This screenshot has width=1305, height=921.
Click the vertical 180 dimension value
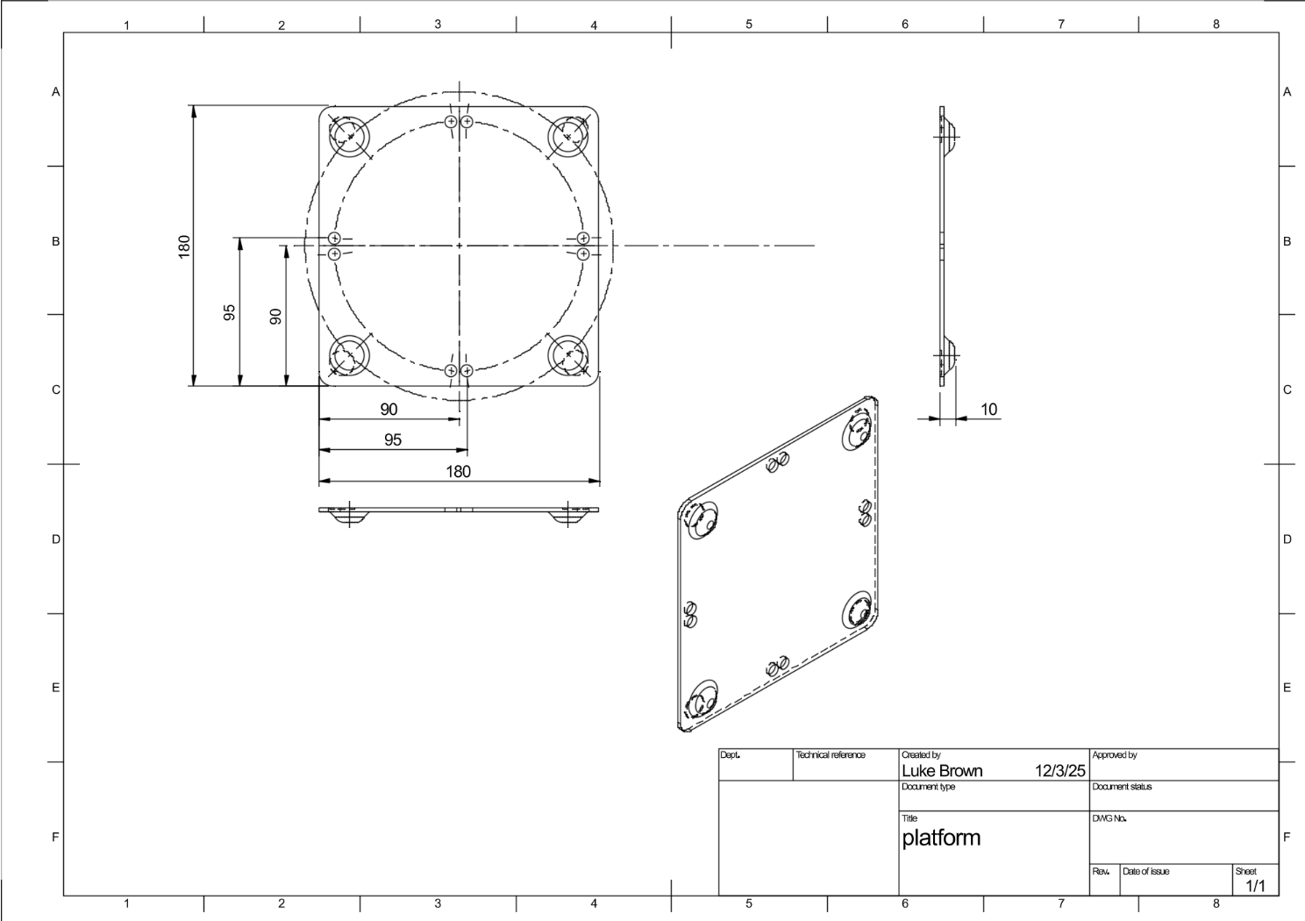point(184,246)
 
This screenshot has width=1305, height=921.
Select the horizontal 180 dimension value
point(458,472)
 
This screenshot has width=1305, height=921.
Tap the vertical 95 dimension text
point(230,312)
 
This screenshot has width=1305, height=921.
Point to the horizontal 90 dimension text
point(389,410)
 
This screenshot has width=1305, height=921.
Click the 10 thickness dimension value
point(988,410)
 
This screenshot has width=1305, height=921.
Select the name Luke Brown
point(941,771)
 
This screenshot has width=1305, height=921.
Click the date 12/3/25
point(1060,771)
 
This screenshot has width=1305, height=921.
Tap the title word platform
point(941,838)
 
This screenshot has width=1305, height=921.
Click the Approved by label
point(1115,754)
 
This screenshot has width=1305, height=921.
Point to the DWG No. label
point(1109,818)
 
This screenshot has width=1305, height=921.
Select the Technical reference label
point(830,754)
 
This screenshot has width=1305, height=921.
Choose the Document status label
point(1123,787)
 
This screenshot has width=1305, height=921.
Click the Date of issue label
point(1145,871)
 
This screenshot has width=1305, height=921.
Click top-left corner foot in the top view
point(349,136)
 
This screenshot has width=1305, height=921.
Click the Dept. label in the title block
point(730,754)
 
